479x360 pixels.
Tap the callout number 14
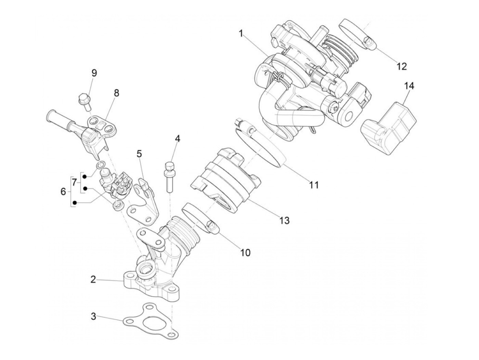(x=409, y=86)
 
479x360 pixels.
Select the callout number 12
(x=402, y=66)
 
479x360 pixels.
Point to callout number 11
(x=314, y=185)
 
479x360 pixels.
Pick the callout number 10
(x=245, y=253)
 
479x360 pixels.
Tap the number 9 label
(x=94, y=73)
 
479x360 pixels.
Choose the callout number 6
(x=63, y=192)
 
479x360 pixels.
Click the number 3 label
(x=93, y=317)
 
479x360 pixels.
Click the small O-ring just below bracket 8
(x=101, y=166)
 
